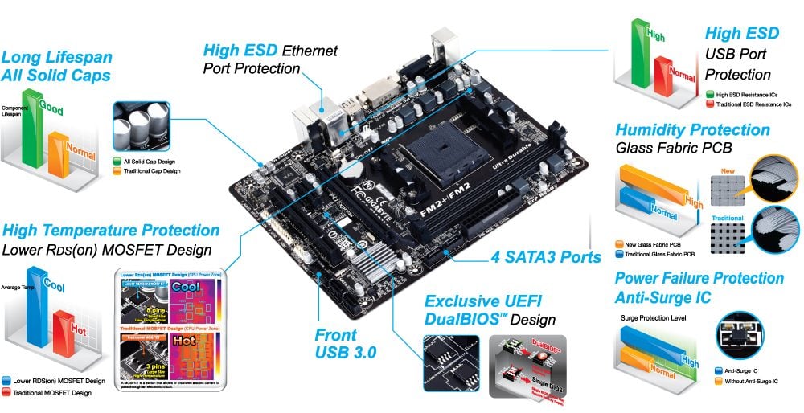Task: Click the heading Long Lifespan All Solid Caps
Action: [x=56, y=67]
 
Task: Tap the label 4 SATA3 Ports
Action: [x=546, y=258]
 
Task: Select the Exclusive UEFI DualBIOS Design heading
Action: [x=490, y=310]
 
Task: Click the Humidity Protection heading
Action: [x=692, y=130]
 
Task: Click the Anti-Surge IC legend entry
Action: [x=740, y=370]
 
